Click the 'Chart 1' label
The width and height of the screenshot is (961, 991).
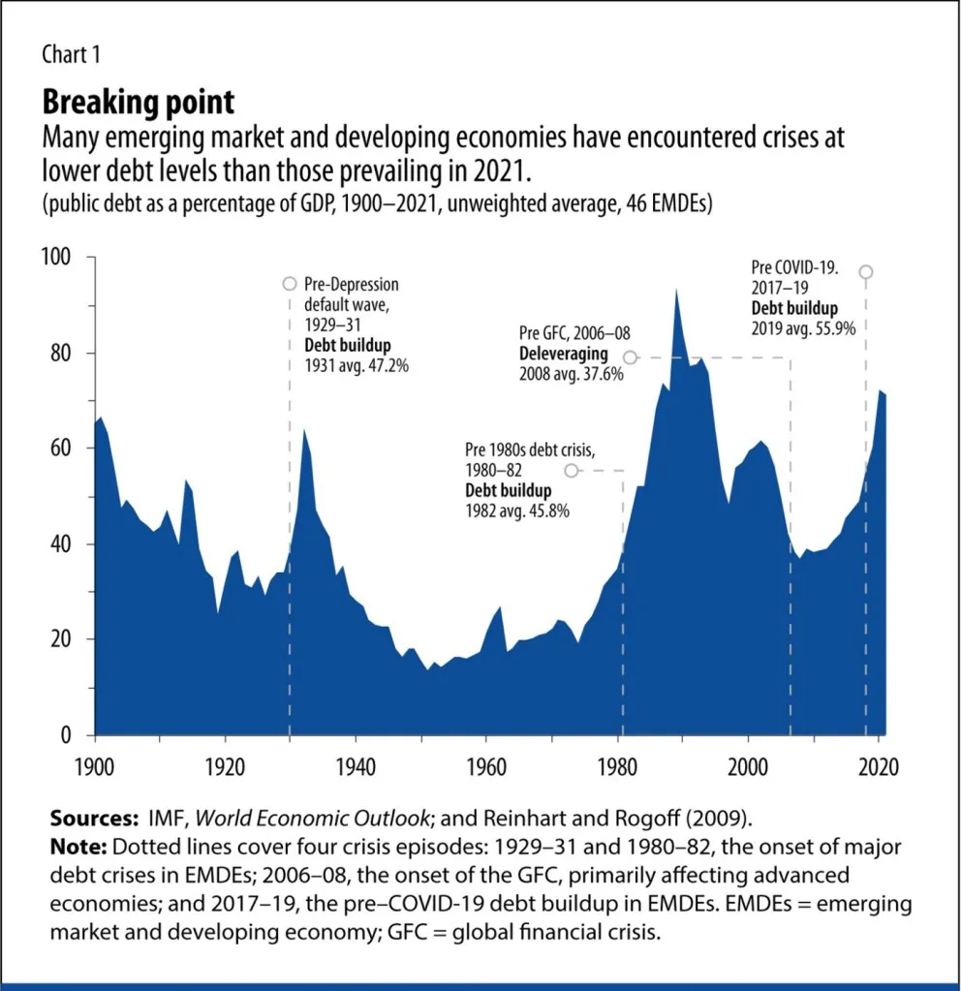coord(70,54)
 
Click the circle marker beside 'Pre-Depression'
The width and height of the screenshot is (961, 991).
coord(289,284)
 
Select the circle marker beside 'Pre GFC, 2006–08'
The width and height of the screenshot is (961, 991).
coord(630,357)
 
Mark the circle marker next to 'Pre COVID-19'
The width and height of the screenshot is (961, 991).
coord(866,272)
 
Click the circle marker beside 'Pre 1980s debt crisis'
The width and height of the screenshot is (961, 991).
coord(572,470)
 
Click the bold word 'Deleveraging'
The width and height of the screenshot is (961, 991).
coord(563,355)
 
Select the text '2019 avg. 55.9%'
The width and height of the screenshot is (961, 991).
coord(803,327)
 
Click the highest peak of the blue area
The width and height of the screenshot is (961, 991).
coord(675,290)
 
